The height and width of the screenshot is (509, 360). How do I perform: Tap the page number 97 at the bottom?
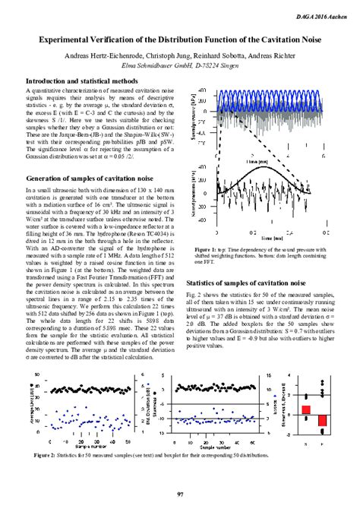click(180, 495)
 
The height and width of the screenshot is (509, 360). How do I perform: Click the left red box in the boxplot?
click(306, 411)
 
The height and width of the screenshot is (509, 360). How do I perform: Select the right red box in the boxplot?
click(322, 419)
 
